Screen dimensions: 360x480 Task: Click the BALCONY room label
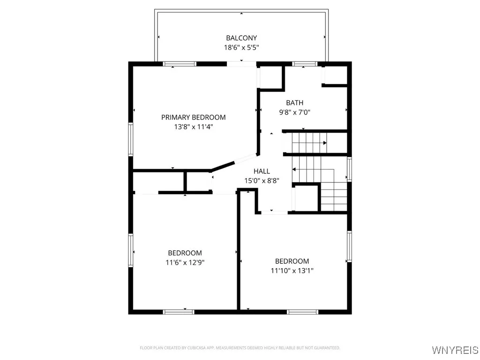[x=241, y=38]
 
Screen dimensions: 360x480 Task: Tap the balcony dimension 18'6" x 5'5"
[x=241, y=47]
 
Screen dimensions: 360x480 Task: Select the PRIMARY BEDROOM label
[x=193, y=117]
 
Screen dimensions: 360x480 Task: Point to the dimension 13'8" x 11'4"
[x=193, y=127]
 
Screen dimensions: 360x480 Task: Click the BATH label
[x=294, y=103]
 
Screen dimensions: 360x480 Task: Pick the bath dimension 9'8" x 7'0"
[x=294, y=112]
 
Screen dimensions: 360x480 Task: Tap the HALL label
[x=262, y=171]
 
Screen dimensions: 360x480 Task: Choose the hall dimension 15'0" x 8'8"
[x=262, y=180]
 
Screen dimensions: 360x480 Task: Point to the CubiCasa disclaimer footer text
[x=240, y=348]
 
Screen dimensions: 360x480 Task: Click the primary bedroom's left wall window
[x=131, y=139]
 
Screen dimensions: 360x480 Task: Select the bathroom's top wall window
[x=304, y=64]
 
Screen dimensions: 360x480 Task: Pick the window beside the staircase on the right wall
[x=349, y=169]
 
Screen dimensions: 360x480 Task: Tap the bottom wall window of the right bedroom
[x=302, y=311]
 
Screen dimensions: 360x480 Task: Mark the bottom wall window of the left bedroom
[x=179, y=311]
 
